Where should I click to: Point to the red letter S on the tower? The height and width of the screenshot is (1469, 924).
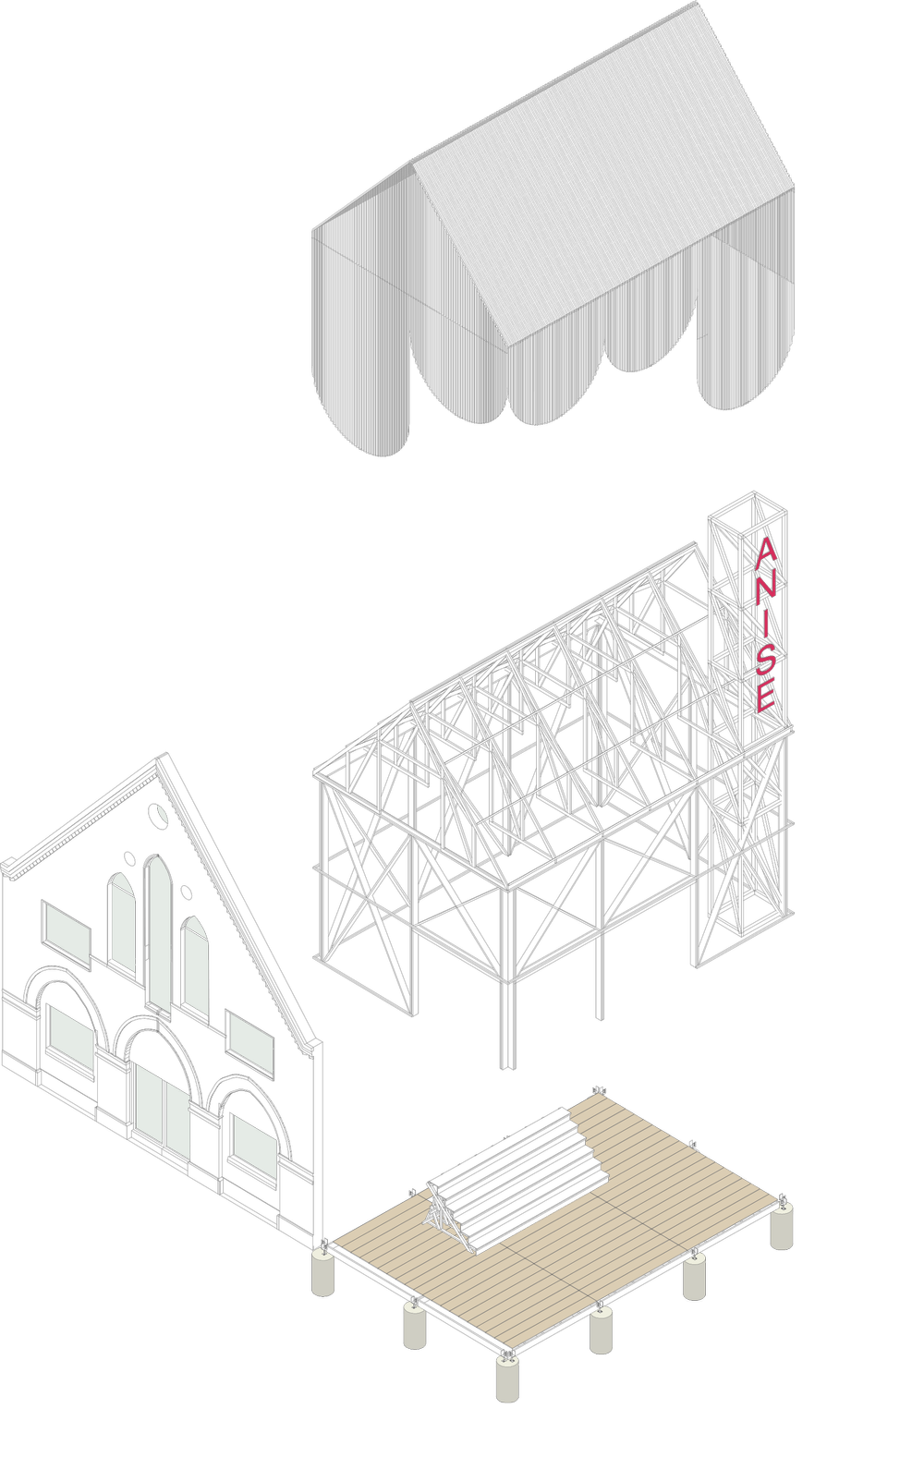click(x=765, y=662)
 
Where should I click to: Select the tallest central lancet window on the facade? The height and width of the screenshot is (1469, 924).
click(x=158, y=934)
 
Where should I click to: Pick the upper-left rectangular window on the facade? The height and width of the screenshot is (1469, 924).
click(x=67, y=934)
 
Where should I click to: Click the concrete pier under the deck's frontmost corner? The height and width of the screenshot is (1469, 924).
click(x=507, y=1428)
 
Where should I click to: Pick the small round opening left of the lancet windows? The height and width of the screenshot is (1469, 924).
click(x=129, y=858)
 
